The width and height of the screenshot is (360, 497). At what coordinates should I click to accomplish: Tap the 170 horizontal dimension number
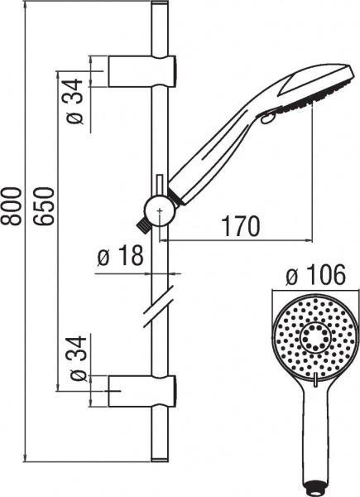(239, 225)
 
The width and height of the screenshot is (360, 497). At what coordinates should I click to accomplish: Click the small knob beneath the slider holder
(142, 224)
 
